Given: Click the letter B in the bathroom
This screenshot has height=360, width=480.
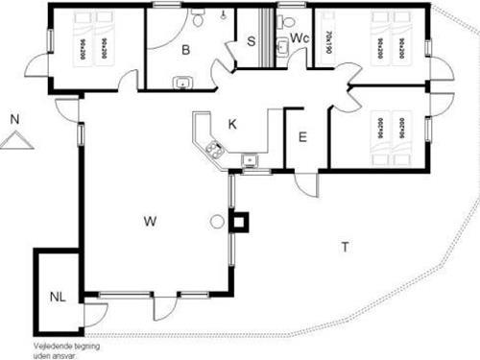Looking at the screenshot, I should tap(186, 48).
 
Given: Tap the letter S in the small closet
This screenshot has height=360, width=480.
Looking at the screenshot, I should tap(252, 40).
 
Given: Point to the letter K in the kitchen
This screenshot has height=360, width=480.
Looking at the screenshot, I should tap(232, 123).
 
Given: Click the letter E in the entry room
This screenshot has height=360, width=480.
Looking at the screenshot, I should tap(301, 136).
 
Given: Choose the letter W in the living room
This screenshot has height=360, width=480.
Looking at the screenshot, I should tap(150, 222).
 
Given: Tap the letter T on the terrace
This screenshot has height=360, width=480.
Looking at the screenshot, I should tap(344, 247).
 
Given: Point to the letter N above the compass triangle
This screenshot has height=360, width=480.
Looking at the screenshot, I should tap(14, 119).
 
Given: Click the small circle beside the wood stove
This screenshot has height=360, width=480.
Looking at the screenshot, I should tap(217, 222).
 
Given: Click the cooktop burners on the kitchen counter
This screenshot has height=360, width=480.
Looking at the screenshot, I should tap(214, 149).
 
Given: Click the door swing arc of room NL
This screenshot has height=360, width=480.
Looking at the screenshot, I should tap(96, 313).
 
